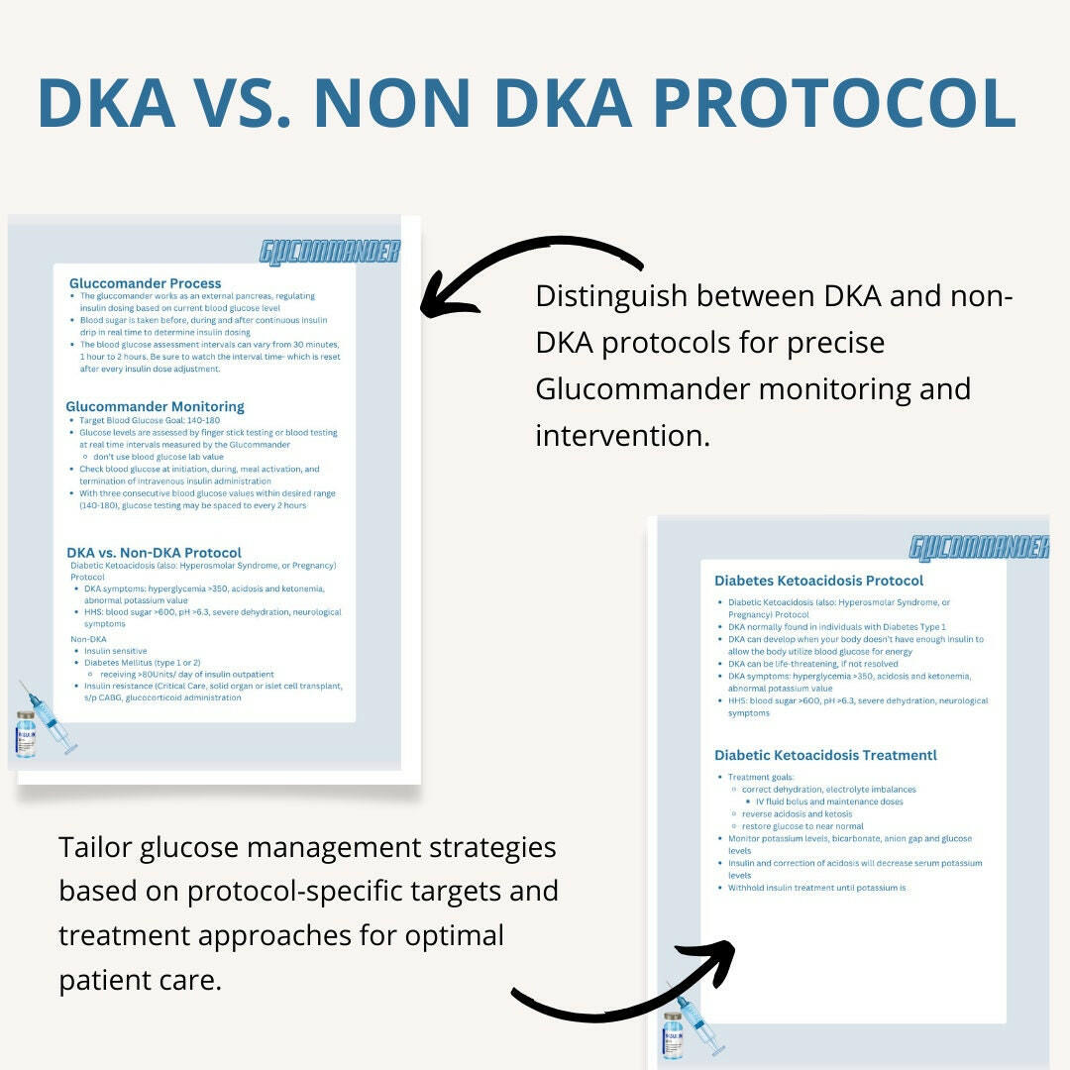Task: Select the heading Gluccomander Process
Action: point(145,283)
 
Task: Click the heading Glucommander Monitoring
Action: point(155,406)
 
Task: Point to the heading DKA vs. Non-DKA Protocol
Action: point(154,553)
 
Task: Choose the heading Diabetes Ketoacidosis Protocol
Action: point(818,581)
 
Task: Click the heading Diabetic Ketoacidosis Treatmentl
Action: point(825,755)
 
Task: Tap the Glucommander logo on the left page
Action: point(330,253)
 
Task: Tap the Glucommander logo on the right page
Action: point(979,547)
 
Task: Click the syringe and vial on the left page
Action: point(44,720)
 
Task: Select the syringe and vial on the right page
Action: point(692,1020)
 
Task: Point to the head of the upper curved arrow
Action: point(433,301)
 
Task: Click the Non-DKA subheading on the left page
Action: point(88,639)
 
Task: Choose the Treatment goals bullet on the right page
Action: point(761,778)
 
